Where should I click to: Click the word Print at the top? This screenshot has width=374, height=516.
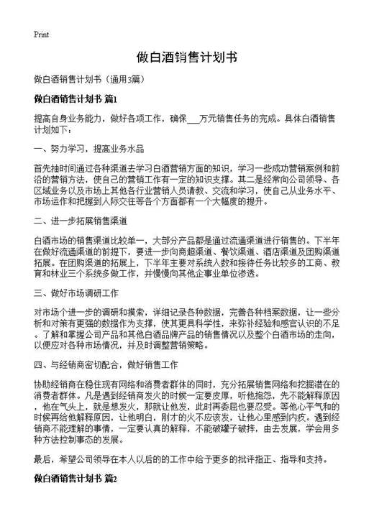tap(40, 33)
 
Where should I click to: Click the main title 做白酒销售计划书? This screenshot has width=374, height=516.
tap(186, 57)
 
